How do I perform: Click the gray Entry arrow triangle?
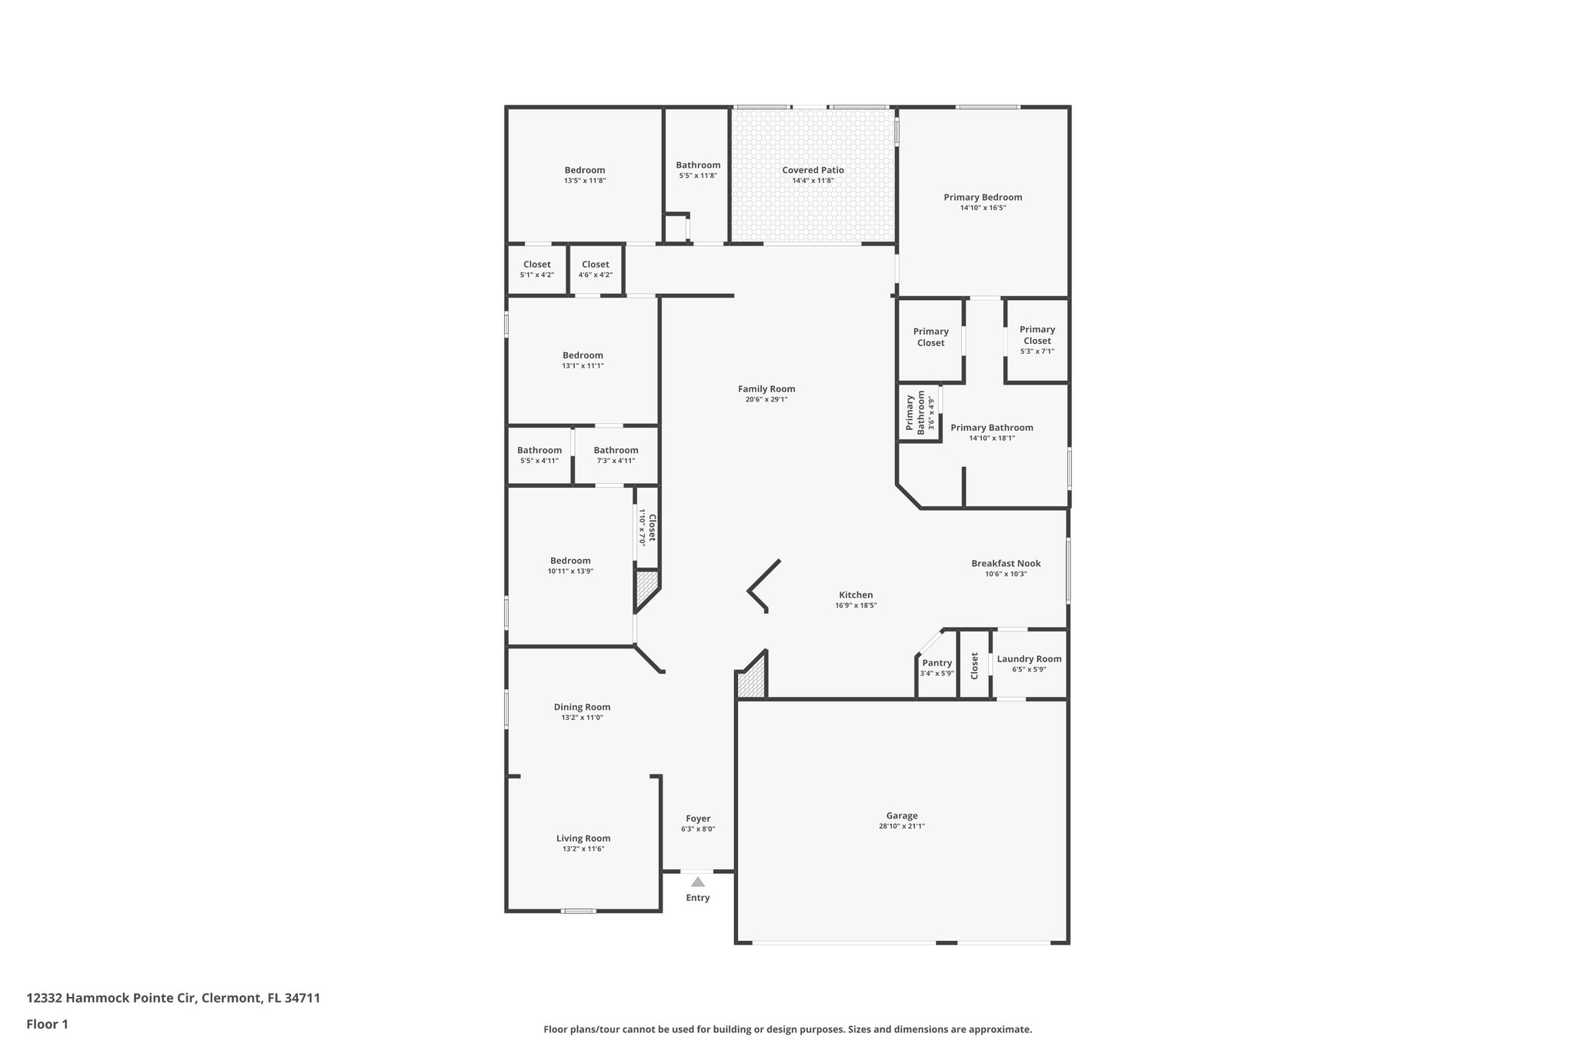coord(697,882)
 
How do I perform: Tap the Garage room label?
coord(901,816)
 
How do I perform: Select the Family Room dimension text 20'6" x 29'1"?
coord(766,400)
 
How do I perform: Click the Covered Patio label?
coord(813,170)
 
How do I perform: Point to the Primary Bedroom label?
coord(983,198)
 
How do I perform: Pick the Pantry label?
coord(937,663)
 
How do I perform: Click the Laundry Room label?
coord(1029,659)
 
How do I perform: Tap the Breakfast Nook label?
coord(1006,564)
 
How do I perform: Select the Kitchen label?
coord(856,595)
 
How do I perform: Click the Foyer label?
coord(698,818)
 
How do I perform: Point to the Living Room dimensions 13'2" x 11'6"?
coord(583,849)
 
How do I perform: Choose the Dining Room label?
coord(582,707)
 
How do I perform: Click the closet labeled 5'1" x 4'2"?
coord(536,269)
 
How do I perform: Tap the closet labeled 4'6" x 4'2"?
coord(595,269)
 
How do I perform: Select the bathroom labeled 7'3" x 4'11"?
coord(616,455)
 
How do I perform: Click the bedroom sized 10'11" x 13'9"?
coord(570,565)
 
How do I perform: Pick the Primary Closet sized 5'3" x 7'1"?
coord(1037,339)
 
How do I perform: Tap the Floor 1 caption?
coord(47,1025)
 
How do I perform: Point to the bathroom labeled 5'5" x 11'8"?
coord(698,170)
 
